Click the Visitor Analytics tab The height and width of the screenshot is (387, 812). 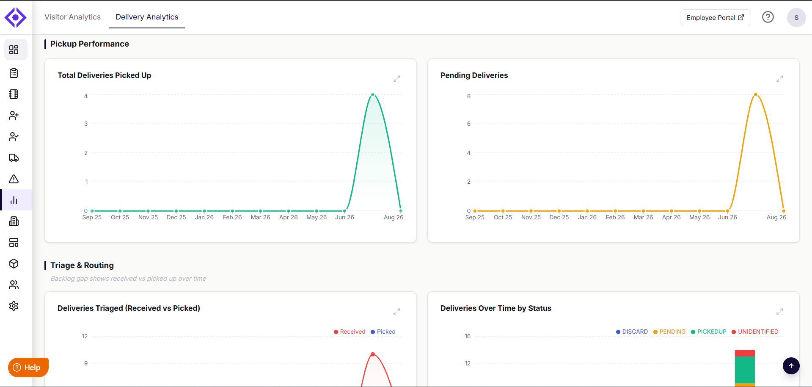pyautogui.click(x=72, y=17)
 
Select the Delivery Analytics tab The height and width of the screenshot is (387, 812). pyautogui.click(x=147, y=17)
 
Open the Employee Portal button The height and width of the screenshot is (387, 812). pyautogui.click(x=715, y=18)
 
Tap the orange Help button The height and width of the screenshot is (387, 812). pyautogui.click(x=28, y=367)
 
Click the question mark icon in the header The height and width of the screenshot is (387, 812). pyautogui.click(x=768, y=17)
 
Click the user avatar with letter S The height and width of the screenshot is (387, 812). pyautogui.click(x=796, y=18)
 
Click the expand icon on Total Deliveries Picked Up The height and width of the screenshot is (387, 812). pyautogui.click(x=396, y=79)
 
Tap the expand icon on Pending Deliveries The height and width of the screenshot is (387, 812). pyautogui.click(x=779, y=79)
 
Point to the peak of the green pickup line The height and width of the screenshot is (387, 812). pyautogui.click(x=373, y=94)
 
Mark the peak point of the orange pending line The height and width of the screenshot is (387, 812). pyautogui.click(x=756, y=94)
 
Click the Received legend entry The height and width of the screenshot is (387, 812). pyautogui.click(x=350, y=332)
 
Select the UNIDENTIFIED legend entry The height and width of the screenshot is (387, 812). pyautogui.click(x=755, y=332)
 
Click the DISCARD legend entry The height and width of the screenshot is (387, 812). pyautogui.click(x=632, y=332)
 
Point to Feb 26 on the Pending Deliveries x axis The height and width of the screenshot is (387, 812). pyautogui.click(x=615, y=217)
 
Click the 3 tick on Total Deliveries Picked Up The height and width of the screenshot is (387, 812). pyautogui.click(x=86, y=124)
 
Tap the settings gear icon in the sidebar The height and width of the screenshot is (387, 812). pyautogui.click(x=14, y=306)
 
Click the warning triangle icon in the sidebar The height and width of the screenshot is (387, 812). pyautogui.click(x=14, y=179)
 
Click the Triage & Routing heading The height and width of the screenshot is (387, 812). pyautogui.click(x=82, y=265)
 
